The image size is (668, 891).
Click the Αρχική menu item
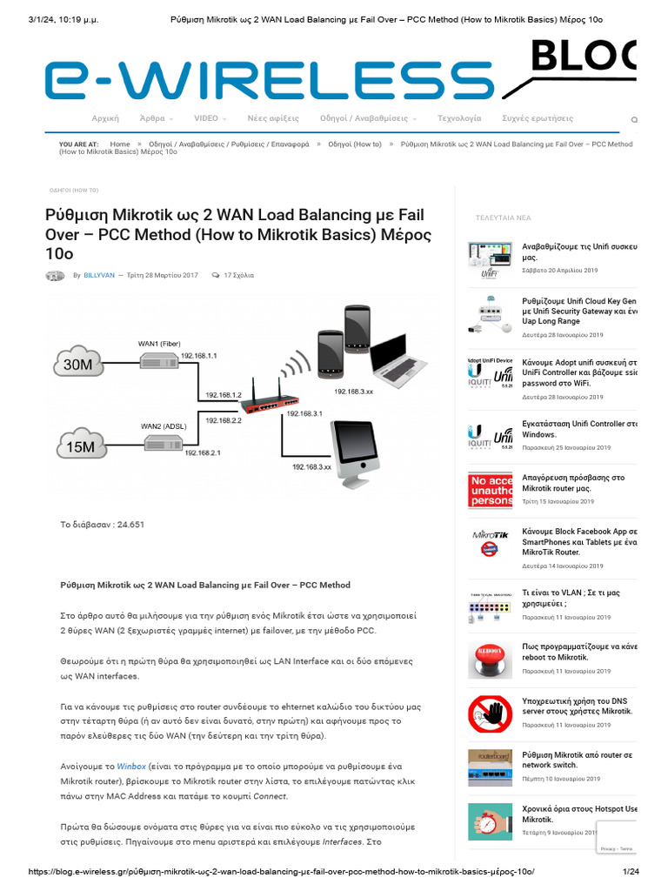(105, 117)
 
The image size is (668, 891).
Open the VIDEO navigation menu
(210, 117)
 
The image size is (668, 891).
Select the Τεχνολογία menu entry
(458, 117)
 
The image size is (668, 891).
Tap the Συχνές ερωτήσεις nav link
(538, 117)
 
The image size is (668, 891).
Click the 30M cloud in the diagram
(78, 365)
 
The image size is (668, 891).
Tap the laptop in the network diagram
(399, 358)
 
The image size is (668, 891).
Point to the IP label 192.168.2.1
(202, 453)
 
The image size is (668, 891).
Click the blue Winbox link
(132, 767)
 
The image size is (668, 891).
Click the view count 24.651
(126, 525)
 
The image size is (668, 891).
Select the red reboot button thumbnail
(490, 659)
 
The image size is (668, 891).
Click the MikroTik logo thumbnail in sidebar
(490, 542)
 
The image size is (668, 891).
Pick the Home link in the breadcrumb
(120, 144)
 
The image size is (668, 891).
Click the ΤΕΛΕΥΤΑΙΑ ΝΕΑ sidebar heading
(503, 218)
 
